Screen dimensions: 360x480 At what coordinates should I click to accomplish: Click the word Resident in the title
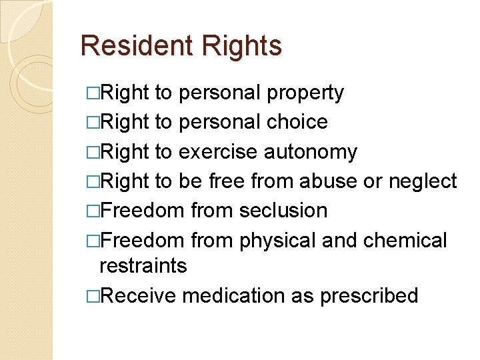click(127, 46)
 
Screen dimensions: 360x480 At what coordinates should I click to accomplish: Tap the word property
click(305, 93)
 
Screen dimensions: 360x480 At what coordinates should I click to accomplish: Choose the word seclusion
click(283, 210)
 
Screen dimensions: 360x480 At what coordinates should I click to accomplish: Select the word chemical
click(405, 239)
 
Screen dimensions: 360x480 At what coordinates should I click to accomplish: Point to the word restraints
click(143, 265)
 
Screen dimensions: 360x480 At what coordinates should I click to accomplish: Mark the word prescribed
click(369, 295)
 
